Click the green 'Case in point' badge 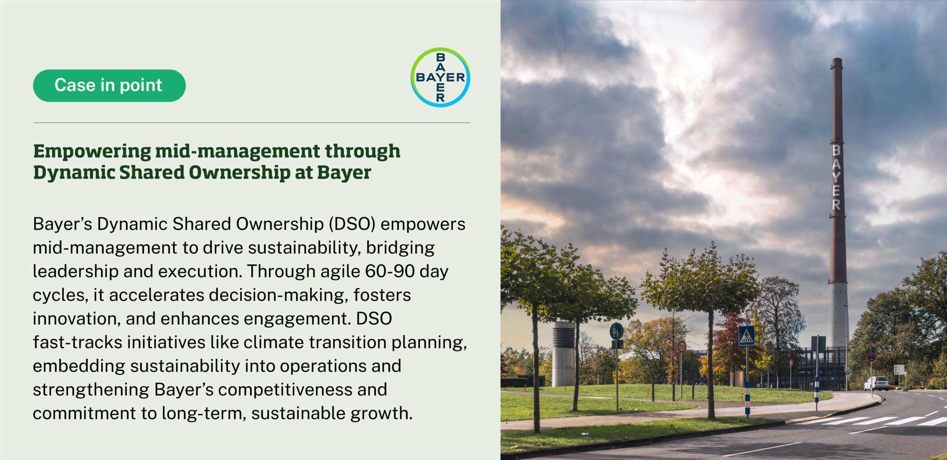tap(109, 85)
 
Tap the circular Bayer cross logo tap(440, 77)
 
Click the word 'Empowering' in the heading tap(92, 152)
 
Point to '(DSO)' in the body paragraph tap(352, 224)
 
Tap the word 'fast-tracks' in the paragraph tap(77, 342)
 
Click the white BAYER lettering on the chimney tap(836, 177)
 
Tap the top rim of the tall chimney tap(837, 59)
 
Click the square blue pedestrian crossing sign tap(747, 335)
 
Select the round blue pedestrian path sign tap(616, 331)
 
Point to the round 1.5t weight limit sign tap(682, 346)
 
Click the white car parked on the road tap(876, 383)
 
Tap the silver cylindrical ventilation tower tap(563, 354)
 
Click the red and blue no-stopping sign tap(871, 357)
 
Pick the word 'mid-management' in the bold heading tap(237, 152)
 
